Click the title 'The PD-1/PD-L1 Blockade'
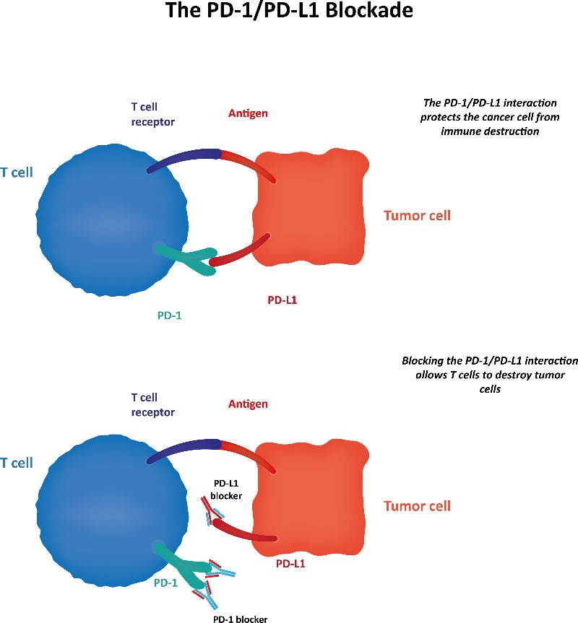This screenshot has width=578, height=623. point(289,12)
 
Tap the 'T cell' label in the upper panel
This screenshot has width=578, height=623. point(17,173)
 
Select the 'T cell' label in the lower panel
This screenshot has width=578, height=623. point(17,463)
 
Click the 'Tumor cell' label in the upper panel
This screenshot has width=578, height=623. point(417,215)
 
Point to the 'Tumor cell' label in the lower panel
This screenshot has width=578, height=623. point(417,506)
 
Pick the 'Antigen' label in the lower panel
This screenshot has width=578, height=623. point(248,404)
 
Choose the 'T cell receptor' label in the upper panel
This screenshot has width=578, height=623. point(152,115)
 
